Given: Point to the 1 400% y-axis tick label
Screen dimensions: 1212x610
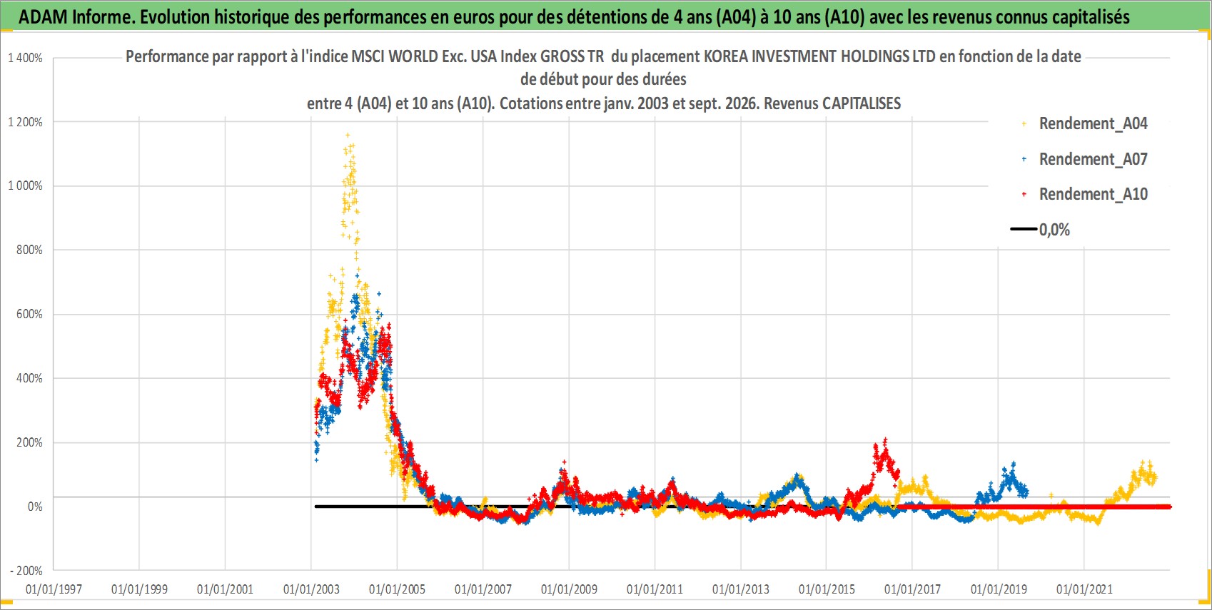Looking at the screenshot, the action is point(25,58).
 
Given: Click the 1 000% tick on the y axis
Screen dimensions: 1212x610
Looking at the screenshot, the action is point(25,186).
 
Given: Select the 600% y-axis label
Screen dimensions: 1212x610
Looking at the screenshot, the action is point(29,314).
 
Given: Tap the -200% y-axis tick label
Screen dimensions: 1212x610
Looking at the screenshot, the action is point(26,571).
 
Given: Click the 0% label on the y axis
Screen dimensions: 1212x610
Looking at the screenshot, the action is point(35,507).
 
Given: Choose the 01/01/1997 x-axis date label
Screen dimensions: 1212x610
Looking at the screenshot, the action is point(54,589).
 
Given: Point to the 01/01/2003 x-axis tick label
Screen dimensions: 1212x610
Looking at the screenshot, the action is point(311,589).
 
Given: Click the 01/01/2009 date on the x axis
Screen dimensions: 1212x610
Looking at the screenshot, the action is point(569,589).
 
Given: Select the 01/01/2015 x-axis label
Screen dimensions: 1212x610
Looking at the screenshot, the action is point(827,589).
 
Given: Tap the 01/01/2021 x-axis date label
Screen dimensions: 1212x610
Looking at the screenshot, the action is point(1084,589).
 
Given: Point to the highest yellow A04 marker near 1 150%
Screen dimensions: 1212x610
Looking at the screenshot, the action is point(348,135).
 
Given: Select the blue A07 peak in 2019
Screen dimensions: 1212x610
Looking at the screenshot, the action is point(1014,464).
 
